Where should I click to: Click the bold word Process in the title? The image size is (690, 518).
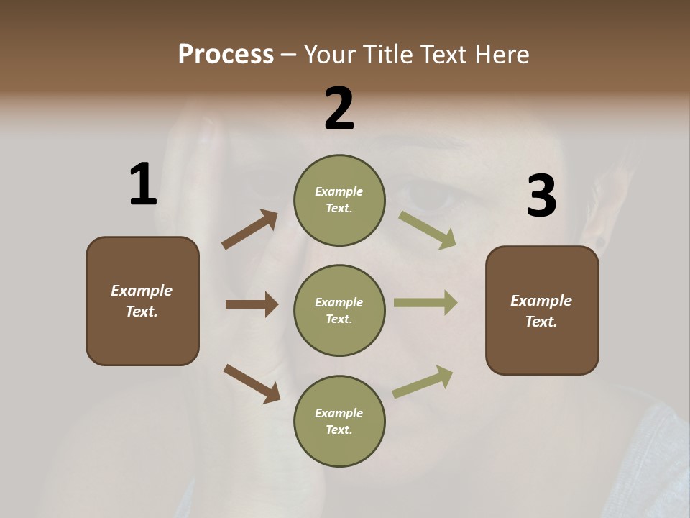(226, 55)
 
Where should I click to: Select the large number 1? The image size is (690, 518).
(143, 185)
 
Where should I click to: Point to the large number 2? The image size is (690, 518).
(339, 109)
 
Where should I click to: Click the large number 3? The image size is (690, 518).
(541, 196)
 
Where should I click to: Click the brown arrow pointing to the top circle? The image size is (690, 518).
(250, 230)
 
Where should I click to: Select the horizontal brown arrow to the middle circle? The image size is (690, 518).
(252, 304)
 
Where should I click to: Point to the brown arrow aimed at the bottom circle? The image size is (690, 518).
(252, 383)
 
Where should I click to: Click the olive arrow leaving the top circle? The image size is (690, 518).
(427, 230)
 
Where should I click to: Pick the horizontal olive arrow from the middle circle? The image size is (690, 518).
(425, 302)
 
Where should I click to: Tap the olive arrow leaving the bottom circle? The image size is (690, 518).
(423, 382)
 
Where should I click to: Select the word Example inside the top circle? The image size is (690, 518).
(339, 191)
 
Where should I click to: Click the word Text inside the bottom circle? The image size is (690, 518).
(338, 430)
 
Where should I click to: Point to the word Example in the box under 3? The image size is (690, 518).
(541, 301)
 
